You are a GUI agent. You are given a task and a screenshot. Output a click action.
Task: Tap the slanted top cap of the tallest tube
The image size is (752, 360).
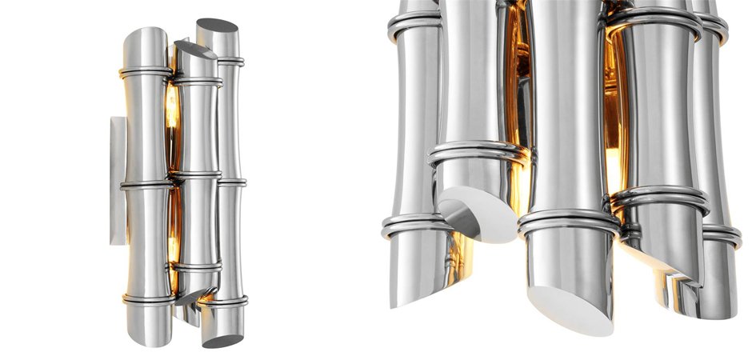pyautogui.click(x=216, y=26)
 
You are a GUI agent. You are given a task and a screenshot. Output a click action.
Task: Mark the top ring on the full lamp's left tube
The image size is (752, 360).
pyautogui.click(x=146, y=74)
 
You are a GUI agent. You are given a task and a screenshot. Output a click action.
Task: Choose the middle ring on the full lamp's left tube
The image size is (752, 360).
pyautogui.click(x=146, y=186)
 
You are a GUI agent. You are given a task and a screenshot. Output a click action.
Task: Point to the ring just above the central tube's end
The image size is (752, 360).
pyautogui.click(x=569, y=223)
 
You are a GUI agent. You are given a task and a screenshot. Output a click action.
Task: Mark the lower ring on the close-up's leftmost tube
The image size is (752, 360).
pyautogui.click(x=410, y=226)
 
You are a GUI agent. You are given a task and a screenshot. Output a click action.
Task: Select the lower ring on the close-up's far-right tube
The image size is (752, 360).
pyautogui.click(x=720, y=235)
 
